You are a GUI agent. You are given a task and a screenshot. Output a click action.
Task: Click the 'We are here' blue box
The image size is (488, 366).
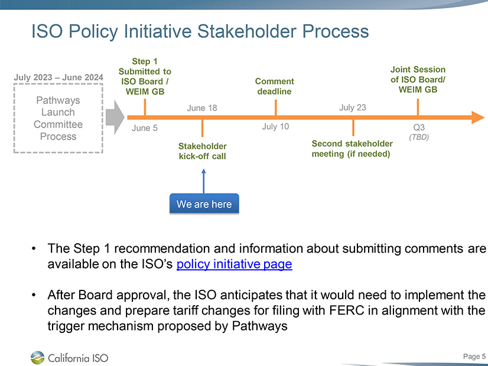204,204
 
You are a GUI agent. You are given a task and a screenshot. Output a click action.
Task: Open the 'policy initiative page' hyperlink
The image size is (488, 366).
234,264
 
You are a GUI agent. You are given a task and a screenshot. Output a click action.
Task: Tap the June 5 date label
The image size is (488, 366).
144,128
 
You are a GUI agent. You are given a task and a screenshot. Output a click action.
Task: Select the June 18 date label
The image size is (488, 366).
201,108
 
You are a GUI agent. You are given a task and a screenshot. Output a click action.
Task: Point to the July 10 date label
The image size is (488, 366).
275,126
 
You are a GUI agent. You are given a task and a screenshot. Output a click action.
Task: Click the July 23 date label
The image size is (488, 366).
352,107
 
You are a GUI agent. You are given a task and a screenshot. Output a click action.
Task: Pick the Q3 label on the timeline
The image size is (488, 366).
419,127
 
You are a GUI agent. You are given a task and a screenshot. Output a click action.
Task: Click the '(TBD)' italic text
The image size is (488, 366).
419,137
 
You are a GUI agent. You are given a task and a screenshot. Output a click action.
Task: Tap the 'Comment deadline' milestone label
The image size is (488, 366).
275,86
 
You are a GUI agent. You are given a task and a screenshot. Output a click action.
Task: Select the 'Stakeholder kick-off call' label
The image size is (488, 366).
202,151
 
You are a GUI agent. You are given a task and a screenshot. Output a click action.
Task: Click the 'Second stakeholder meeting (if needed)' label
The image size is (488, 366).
352,149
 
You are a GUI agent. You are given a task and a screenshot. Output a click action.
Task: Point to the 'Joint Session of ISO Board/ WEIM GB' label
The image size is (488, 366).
418,79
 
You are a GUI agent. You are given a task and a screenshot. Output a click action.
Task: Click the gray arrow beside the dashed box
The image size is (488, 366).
115,117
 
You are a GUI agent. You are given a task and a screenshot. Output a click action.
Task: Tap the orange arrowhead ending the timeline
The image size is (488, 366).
478,117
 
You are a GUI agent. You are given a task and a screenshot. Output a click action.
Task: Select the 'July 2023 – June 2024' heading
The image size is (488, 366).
58,77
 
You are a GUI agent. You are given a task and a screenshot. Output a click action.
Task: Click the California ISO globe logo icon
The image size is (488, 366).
38,358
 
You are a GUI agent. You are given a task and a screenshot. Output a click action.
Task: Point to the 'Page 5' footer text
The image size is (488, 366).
474,357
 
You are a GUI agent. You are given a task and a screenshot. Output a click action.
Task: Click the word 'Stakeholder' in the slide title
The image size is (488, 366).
246,31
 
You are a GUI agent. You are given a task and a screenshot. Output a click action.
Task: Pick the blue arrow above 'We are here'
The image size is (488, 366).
204,181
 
